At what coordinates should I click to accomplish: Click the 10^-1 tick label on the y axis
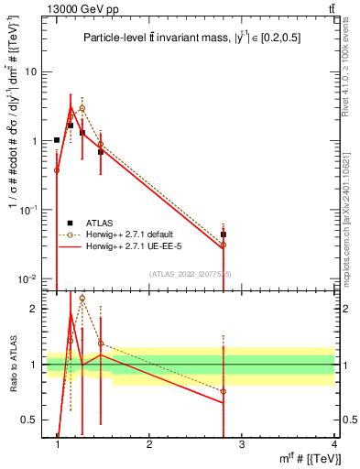pos(27,210)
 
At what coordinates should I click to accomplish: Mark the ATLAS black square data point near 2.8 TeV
pos(224,234)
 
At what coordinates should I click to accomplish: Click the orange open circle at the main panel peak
pos(82,108)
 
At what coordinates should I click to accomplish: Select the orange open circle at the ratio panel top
pos(82,298)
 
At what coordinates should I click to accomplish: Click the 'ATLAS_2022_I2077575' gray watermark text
pos(191,274)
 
